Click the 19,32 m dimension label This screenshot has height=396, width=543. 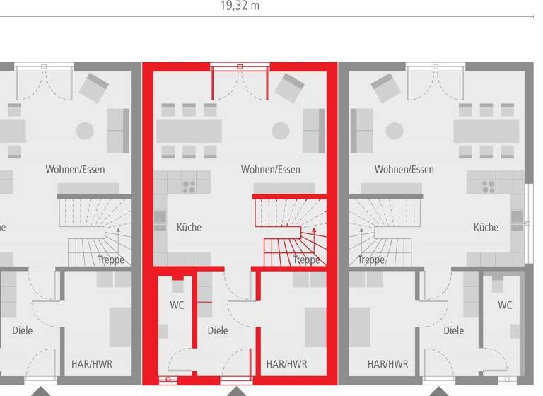[240, 6]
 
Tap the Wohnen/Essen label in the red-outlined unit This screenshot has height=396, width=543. [270, 170]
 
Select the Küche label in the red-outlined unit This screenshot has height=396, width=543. [189, 227]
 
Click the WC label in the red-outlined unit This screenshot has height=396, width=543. [177, 305]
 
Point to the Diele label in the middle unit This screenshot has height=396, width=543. [218, 330]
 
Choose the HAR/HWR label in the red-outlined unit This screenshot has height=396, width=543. [286, 365]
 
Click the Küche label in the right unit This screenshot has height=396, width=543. [486, 227]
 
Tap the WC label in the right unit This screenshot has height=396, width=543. [505, 305]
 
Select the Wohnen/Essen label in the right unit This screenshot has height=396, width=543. [404, 170]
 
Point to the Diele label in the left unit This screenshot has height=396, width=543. [23, 330]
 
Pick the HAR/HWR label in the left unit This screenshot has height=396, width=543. [92, 365]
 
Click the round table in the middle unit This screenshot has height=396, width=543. [281, 131]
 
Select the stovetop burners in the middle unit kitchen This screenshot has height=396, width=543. [189, 186]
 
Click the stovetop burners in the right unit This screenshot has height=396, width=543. [488, 186]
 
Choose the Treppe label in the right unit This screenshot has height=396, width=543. [370, 260]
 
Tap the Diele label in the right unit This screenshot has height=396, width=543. [453, 330]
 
